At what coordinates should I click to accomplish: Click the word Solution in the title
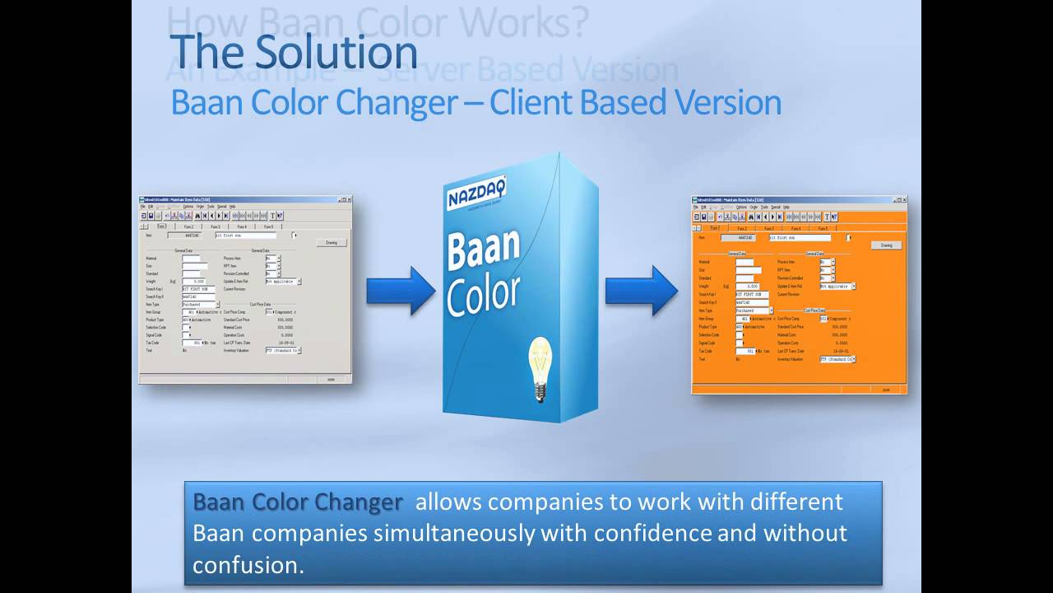point(336,52)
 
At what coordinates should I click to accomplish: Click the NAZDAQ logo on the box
point(476,194)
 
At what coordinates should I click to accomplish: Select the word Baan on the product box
point(483,250)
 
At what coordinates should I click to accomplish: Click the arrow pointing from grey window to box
point(400,291)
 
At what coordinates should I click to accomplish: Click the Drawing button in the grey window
point(332,243)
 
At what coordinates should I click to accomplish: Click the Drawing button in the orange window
point(886,245)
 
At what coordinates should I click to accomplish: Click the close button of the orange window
point(903,199)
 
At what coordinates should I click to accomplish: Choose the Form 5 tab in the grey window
point(268,226)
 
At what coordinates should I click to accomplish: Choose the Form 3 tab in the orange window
point(768,228)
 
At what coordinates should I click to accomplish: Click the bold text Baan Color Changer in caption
point(298,502)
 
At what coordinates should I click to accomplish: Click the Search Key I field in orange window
point(752,294)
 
